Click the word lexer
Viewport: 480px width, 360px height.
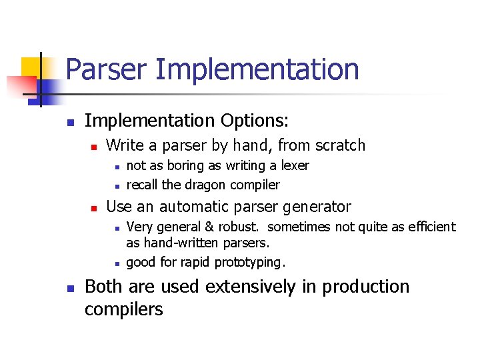point(294,165)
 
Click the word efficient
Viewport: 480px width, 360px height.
point(429,227)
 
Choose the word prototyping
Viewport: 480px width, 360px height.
point(250,262)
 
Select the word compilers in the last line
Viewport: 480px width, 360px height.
point(123,309)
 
